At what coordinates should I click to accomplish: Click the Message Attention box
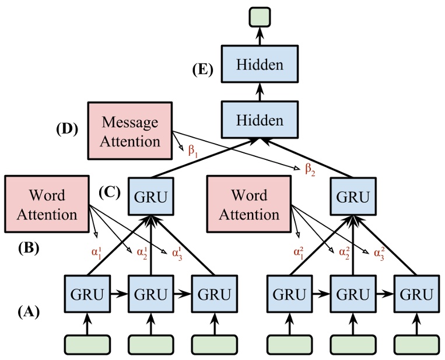(x=130, y=131)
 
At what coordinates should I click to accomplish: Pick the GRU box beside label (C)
(x=150, y=197)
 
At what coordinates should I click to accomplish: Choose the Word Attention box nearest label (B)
(x=47, y=204)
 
